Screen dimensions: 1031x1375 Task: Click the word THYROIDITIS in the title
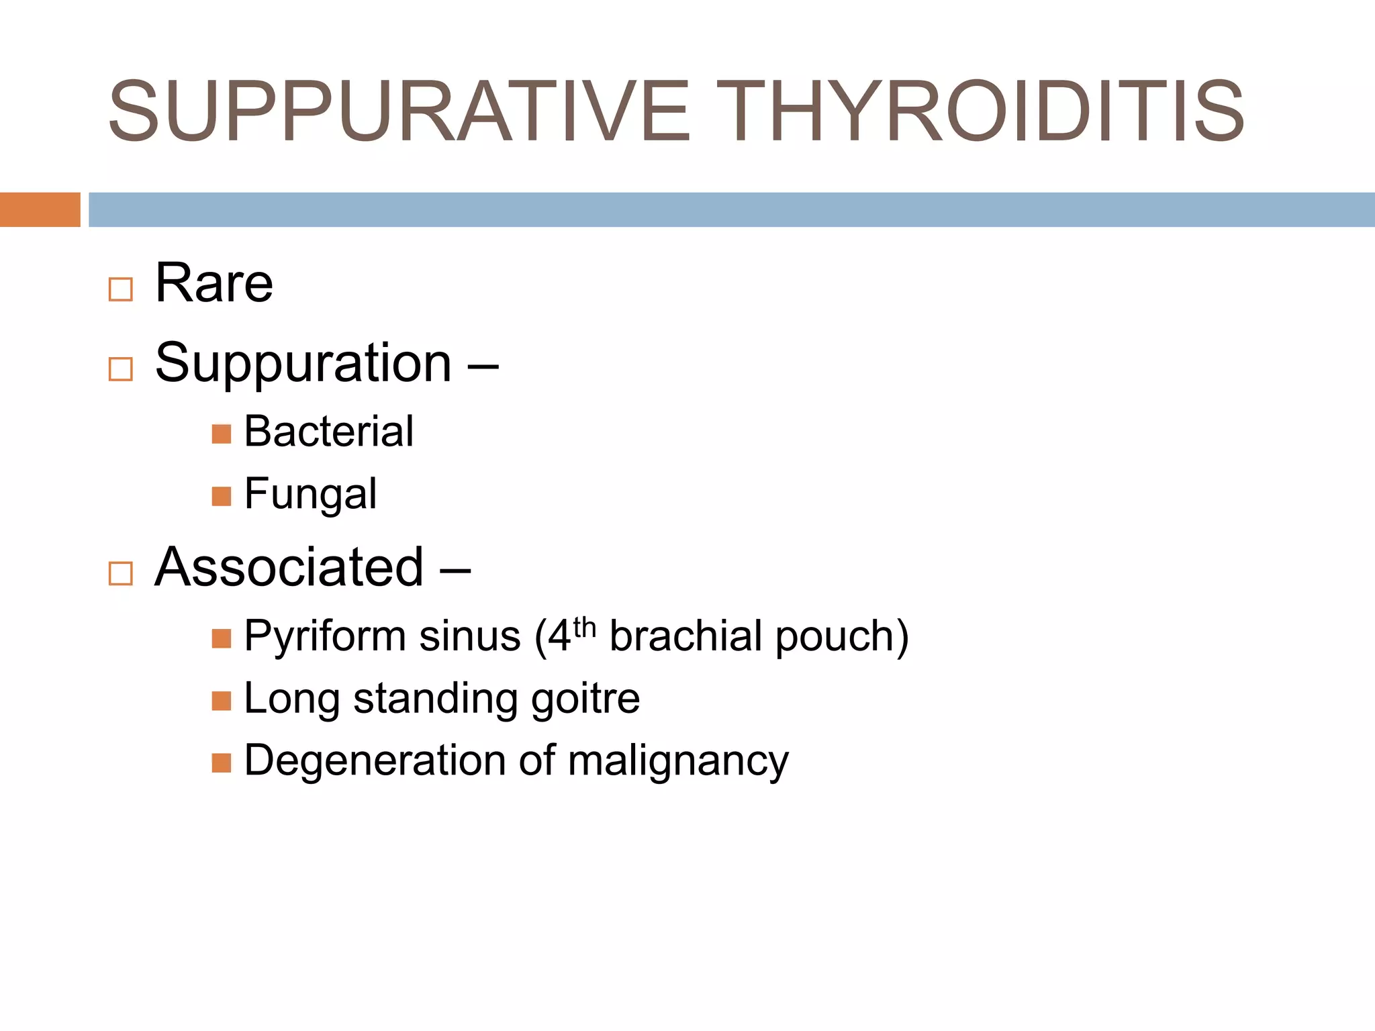pyautogui.click(x=984, y=111)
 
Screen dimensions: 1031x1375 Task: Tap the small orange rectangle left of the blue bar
pyautogui.click(x=40, y=209)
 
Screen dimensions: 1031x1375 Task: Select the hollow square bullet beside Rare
pyautogui.click(x=121, y=289)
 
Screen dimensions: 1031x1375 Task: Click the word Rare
pyautogui.click(x=214, y=283)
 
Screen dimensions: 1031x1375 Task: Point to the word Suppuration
pyautogui.click(x=303, y=363)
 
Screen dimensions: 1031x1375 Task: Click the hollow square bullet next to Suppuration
pyautogui.click(x=121, y=369)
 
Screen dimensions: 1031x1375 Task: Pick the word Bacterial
pyautogui.click(x=328, y=431)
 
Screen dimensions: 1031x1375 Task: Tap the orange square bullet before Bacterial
pyautogui.click(x=221, y=434)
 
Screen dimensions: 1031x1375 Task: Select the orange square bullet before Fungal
pyautogui.click(x=221, y=497)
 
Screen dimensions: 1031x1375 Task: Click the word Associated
pyautogui.click(x=289, y=567)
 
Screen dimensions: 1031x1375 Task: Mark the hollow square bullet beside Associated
pyautogui.click(x=121, y=574)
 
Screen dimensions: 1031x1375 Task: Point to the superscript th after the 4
pyautogui.click(x=585, y=628)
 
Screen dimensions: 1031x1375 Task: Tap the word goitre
pyautogui.click(x=585, y=699)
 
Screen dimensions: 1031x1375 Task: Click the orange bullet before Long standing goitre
pyautogui.click(x=221, y=701)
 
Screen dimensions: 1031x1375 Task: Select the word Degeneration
pyautogui.click(x=375, y=760)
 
